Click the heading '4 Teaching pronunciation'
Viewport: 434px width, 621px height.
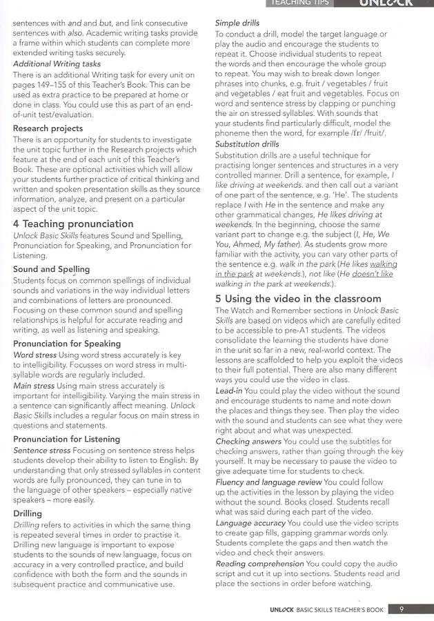[73, 224]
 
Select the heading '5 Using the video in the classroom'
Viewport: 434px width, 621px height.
[298, 299]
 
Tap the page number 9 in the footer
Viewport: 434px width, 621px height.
[401, 609]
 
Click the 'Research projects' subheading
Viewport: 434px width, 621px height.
[48, 128]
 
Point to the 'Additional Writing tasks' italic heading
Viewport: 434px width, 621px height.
[57, 63]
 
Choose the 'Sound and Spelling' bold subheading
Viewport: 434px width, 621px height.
[51, 269]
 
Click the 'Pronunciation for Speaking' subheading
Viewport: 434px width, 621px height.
[67, 344]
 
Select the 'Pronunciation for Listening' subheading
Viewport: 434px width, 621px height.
[66, 439]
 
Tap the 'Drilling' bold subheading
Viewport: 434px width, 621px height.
[28, 513]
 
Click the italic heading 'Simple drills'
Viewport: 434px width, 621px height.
[237, 23]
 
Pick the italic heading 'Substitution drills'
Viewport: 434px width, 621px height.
[247, 144]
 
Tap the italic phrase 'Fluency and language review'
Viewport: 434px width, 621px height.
[268, 482]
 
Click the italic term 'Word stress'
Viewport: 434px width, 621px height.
[34, 355]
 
